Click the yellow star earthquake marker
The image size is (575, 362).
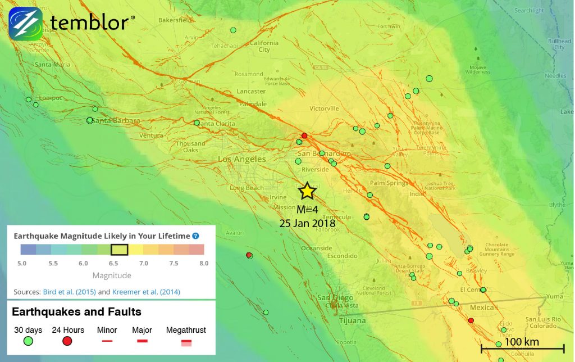(307, 191)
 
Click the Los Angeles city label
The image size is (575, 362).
(242, 160)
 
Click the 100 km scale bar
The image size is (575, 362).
(522, 349)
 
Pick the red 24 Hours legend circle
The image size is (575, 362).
(67, 341)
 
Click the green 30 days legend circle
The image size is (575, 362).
(28, 341)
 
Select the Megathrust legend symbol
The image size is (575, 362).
(186, 341)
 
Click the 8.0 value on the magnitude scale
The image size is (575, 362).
(203, 263)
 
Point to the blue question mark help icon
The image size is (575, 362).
(195, 237)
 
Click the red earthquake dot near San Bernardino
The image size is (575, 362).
(304, 135)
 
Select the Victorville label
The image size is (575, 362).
(324, 108)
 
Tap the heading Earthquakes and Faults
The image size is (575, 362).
(76, 311)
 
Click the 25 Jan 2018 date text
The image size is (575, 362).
(307, 223)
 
